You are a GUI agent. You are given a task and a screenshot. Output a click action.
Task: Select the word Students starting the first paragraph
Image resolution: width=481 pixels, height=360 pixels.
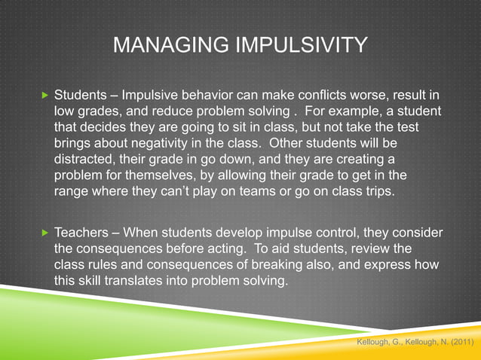point(82,97)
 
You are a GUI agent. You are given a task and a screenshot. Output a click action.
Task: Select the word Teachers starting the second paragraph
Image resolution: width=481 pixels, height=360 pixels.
point(84,233)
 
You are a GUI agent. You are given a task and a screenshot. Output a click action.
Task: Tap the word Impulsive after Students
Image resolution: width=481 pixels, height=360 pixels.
point(155,97)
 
